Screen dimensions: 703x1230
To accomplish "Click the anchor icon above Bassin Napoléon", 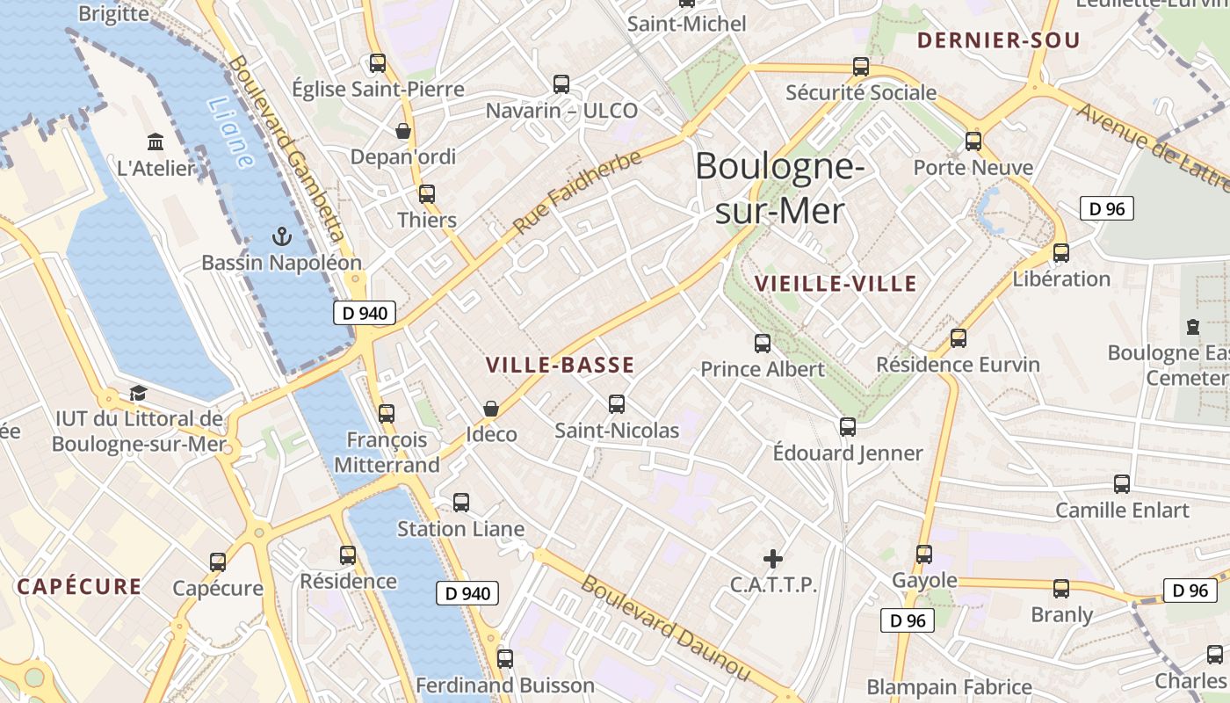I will [x=281, y=236].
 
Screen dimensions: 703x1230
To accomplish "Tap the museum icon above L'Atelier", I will [x=156, y=141].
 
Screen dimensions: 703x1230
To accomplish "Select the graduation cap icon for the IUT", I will [x=138, y=393].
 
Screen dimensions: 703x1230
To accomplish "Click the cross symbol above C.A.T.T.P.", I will [x=773, y=558].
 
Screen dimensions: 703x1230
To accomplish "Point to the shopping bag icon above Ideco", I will [x=491, y=409].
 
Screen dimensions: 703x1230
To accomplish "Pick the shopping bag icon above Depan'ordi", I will [x=403, y=131].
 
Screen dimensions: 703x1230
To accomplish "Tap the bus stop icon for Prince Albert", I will [x=763, y=344].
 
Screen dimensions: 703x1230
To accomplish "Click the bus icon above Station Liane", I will [x=461, y=503].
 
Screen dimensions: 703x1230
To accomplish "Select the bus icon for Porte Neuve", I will [x=973, y=141].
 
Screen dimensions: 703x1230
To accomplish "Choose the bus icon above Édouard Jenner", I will [x=848, y=427].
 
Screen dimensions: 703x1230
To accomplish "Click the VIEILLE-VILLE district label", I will [x=836, y=284].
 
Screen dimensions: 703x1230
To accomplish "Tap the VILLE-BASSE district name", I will [x=560, y=365].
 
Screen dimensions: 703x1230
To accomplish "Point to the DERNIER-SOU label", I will [x=998, y=40].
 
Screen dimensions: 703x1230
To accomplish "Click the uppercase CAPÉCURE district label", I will [x=79, y=587].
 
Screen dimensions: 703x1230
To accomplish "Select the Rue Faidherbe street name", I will [x=577, y=192].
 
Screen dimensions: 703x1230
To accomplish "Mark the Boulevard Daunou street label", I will [x=665, y=628].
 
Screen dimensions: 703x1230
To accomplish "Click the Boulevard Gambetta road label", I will [x=286, y=149].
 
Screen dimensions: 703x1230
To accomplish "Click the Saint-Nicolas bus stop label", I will [x=617, y=431].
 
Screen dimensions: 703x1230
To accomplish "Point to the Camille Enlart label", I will [x=1122, y=511].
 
